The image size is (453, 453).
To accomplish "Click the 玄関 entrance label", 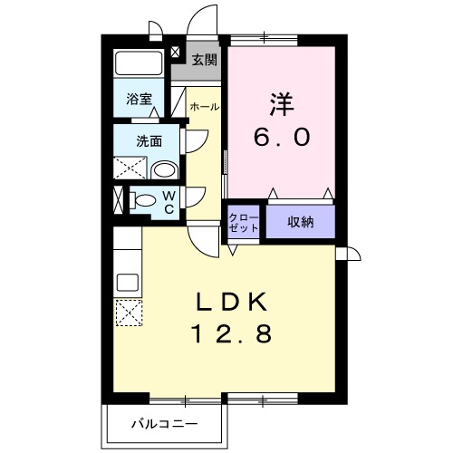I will [205, 61].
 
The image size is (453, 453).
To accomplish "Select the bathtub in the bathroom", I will [139, 63].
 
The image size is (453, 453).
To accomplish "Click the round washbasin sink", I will [164, 169].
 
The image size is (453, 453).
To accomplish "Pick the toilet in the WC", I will [142, 200].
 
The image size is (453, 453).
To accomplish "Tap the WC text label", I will [169, 201].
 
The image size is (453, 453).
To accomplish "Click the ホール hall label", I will [203, 107].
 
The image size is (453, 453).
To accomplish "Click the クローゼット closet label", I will [243, 222].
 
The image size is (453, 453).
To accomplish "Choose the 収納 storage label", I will [301, 222].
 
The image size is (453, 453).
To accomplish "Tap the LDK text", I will [231, 302].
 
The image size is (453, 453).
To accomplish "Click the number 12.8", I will [231, 335].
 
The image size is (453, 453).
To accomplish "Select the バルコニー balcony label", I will [164, 422].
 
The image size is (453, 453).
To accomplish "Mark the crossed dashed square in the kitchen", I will [128, 313].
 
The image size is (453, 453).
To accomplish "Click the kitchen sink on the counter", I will [127, 281].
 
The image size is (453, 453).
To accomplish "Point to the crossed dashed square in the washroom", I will [128, 168].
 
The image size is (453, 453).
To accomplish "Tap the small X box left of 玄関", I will [175, 53].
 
